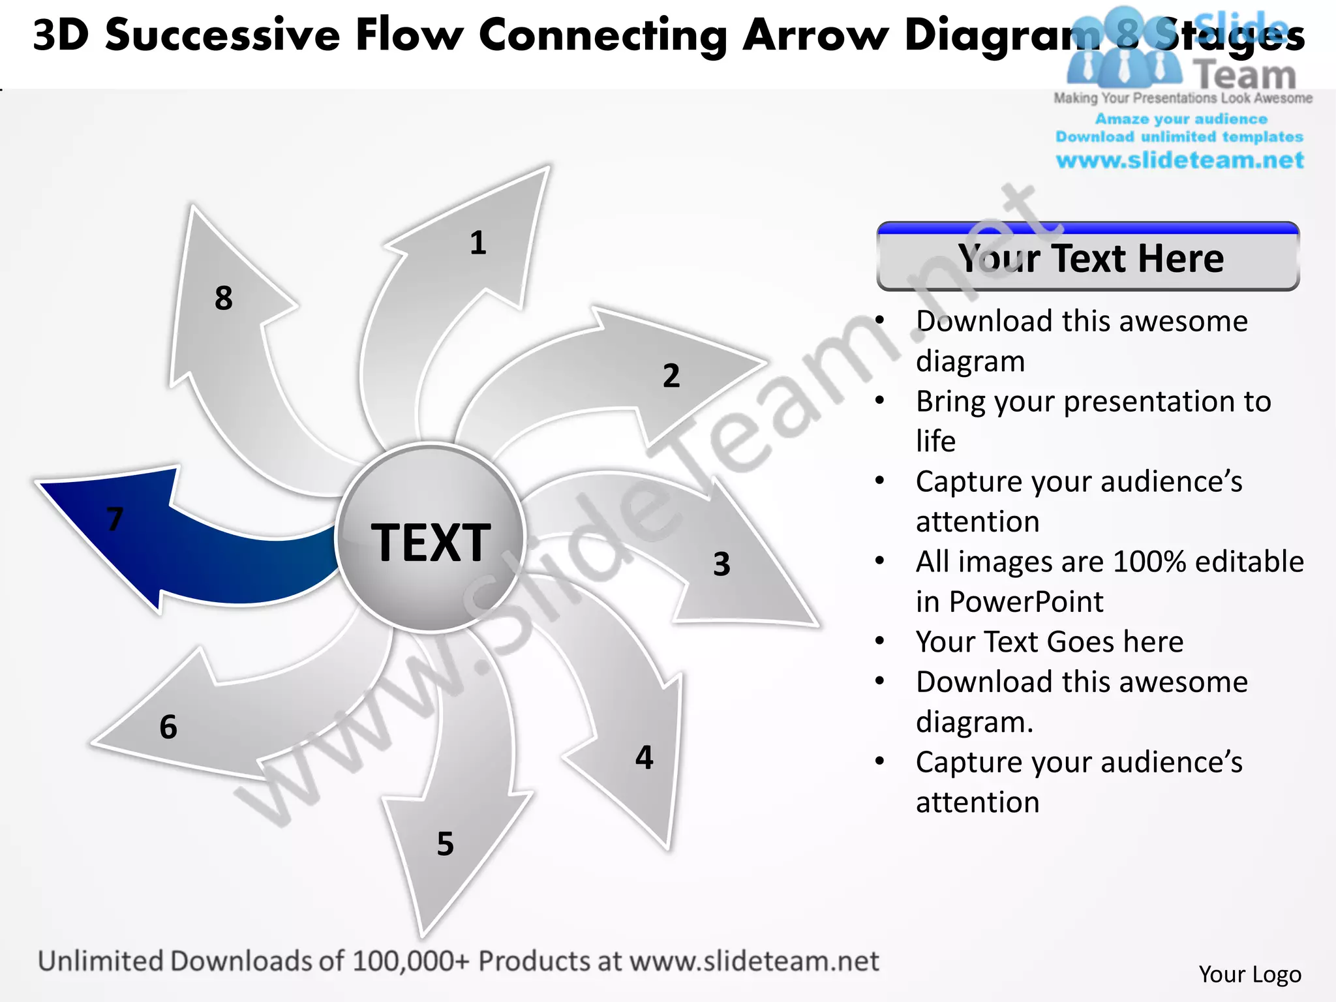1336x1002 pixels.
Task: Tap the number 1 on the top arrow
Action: click(x=478, y=243)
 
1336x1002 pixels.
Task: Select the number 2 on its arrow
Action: click(x=671, y=376)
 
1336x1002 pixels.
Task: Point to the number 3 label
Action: click(x=721, y=564)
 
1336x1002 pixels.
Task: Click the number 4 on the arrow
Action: click(x=645, y=757)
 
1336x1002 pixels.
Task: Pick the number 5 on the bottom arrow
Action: click(x=446, y=843)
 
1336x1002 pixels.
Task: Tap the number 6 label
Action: click(x=168, y=727)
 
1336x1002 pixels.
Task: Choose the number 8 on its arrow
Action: click(x=224, y=298)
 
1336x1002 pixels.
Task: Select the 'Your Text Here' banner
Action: click(x=1088, y=258)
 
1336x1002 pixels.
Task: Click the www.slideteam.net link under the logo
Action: click(x=1179, y=160)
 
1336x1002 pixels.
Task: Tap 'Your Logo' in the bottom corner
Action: click(x=1249, y=974)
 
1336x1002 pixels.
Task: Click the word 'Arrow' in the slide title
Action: click(x=815, y=35)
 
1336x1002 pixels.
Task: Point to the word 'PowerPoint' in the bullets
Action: click(x=1026, y=601)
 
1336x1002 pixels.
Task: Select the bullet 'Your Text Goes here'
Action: click(x=1049, y=642)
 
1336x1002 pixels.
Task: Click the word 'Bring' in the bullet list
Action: click(x=952, y=402)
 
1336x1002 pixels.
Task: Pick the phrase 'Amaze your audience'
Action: click(x=1181, y=119)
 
